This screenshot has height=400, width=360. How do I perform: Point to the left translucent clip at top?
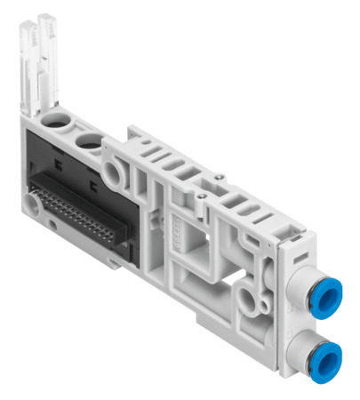[x=28, y=62]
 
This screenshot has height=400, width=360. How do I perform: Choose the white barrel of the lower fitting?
[x=298, y=354]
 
